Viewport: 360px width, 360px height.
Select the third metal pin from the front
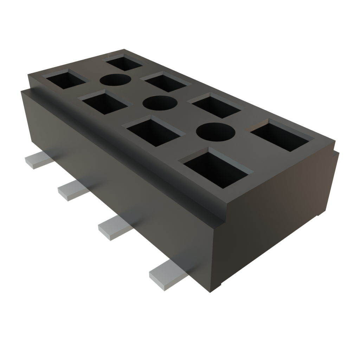click(72, 191)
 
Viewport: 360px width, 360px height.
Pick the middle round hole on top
click(160, 103)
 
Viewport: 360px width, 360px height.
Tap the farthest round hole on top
click(115, 80)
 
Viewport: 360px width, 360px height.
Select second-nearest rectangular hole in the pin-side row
click(155, 132)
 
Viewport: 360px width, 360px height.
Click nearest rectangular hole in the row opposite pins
click(281, 135)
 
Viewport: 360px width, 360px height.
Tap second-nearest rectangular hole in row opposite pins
click(214, 105)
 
